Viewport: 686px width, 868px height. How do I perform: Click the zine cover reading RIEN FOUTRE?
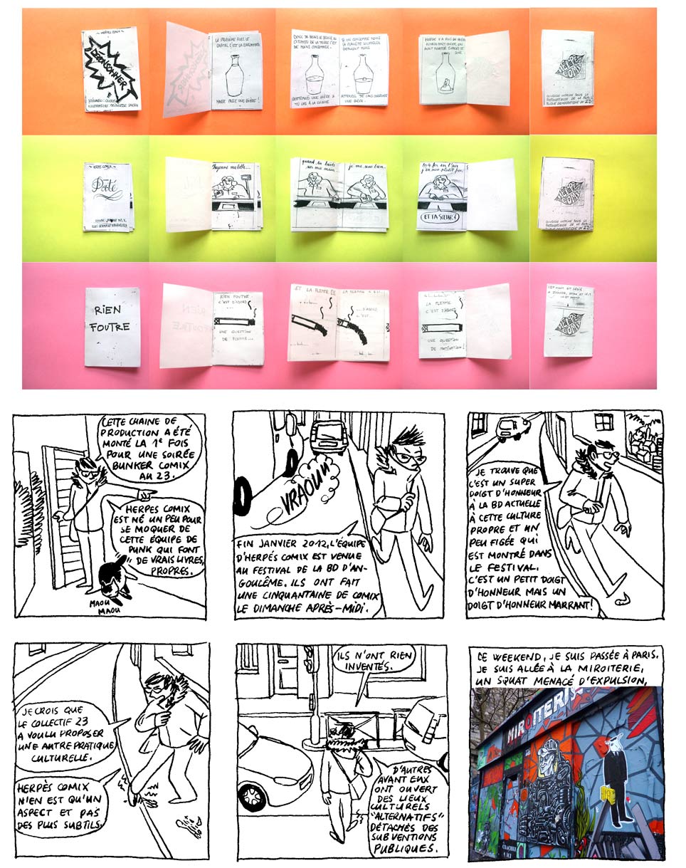point(112,327)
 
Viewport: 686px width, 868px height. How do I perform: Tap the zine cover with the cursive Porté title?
point(109,195)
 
